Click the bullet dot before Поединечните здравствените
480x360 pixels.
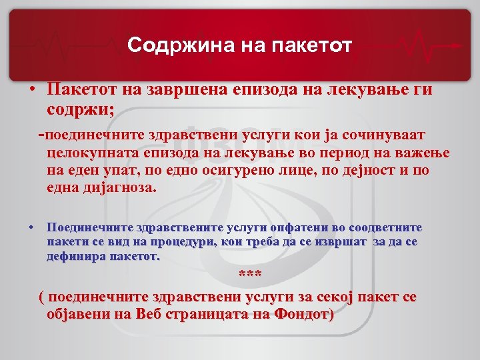31,228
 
